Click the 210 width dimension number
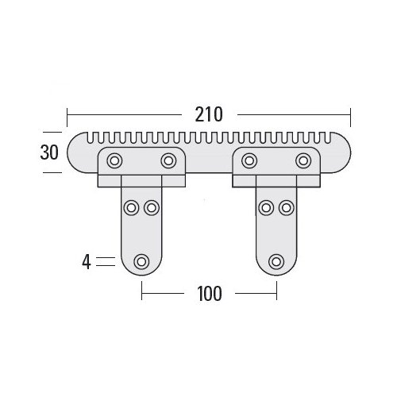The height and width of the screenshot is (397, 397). click(x=209, y=114)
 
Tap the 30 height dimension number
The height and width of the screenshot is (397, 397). click(x=49, y=152)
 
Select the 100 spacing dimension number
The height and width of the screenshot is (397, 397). click(x=208, y=293)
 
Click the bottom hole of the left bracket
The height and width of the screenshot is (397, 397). click(x=142, y=260)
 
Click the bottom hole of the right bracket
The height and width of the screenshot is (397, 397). click(x=276, y=260)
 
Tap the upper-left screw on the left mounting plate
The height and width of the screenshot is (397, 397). click(x=114, y=161)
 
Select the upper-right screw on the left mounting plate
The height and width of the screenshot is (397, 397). click(x=168, y=161)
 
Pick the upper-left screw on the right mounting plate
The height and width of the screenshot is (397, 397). click(x=249, y=161)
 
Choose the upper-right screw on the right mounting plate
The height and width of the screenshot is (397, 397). click(x=303, y=161)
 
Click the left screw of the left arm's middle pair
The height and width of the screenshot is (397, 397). click(x=132, y=208)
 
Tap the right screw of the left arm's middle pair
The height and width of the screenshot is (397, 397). click(x=151, y=208)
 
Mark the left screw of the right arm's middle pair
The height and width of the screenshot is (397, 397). click(x=266, y=208)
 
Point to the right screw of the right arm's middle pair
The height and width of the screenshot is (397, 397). click(x=285, y=208)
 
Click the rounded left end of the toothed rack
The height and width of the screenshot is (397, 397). click(x=75, y=153)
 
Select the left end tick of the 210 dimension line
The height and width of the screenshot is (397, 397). click(x=68, y=114)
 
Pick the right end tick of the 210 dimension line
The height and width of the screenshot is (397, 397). click(x=350, y=114)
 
